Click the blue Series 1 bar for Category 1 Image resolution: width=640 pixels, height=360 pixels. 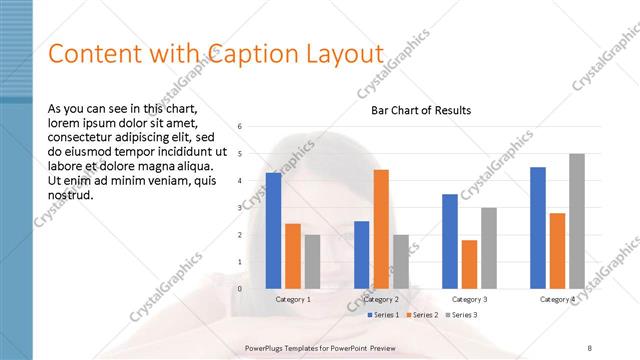tap(273, 231)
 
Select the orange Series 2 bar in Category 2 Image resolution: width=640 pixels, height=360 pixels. tap(381, 229)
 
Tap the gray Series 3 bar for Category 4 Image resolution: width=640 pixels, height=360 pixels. tap(577, 221)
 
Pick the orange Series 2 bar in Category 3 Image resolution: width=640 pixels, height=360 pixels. tap(469, 264)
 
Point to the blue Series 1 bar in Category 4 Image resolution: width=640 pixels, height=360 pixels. tap(538, 228)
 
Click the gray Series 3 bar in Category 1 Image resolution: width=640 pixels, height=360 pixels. tap(312, 262)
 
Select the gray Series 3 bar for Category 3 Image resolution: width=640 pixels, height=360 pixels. tap(489, 248)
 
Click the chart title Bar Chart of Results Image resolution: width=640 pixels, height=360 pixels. tap(421, 110)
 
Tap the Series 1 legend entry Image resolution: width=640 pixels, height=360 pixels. tap(383, 315)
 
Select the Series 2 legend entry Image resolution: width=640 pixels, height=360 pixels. tap(422, 315)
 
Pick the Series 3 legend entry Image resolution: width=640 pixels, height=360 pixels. tap(461, 315)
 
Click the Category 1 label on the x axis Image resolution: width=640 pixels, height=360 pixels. tap(293, 299)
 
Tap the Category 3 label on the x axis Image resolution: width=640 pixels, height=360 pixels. tap(469, 299)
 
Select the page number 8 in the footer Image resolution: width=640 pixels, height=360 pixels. tap(590, 347)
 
